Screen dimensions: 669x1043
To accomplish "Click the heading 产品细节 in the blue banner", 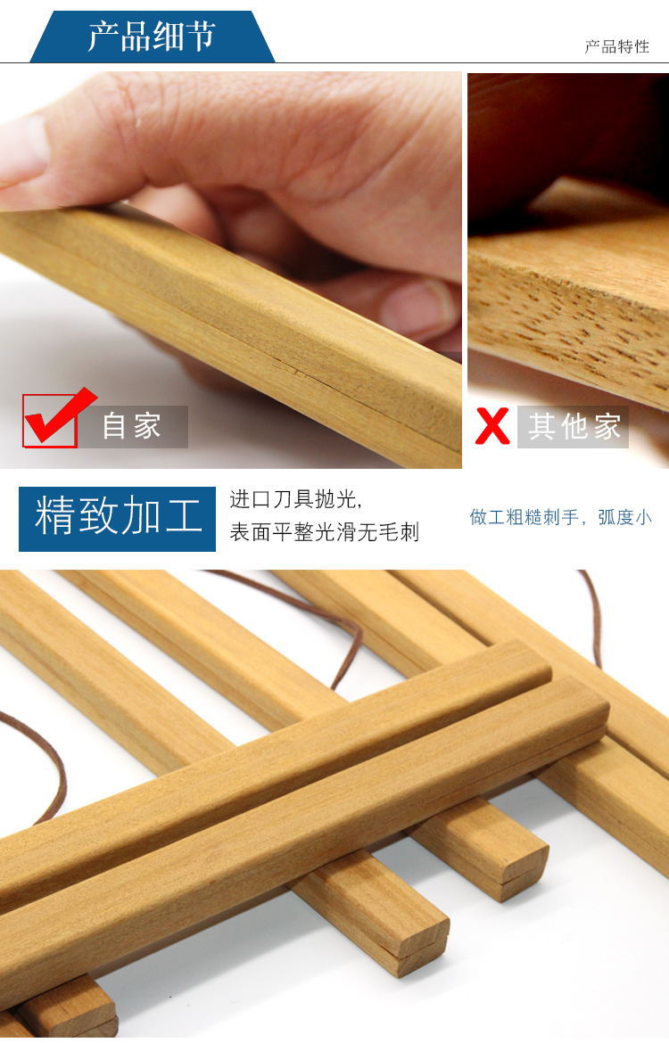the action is [x=152, y=36].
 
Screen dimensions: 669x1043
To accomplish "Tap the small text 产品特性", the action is [x=616, y=46].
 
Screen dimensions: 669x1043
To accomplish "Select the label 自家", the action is [x=132, y=426].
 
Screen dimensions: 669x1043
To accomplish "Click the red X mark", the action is [x=491, y=426].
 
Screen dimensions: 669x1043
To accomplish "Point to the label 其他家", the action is [x=574, y=426].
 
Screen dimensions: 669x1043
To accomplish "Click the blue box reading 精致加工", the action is [x=117, y=519].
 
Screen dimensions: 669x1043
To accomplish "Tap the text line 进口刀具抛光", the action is [x=295, y=499].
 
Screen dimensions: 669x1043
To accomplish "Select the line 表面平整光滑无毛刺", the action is [x=324, y=532].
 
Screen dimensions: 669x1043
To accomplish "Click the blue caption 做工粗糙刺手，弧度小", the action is [x=560, y=518].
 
